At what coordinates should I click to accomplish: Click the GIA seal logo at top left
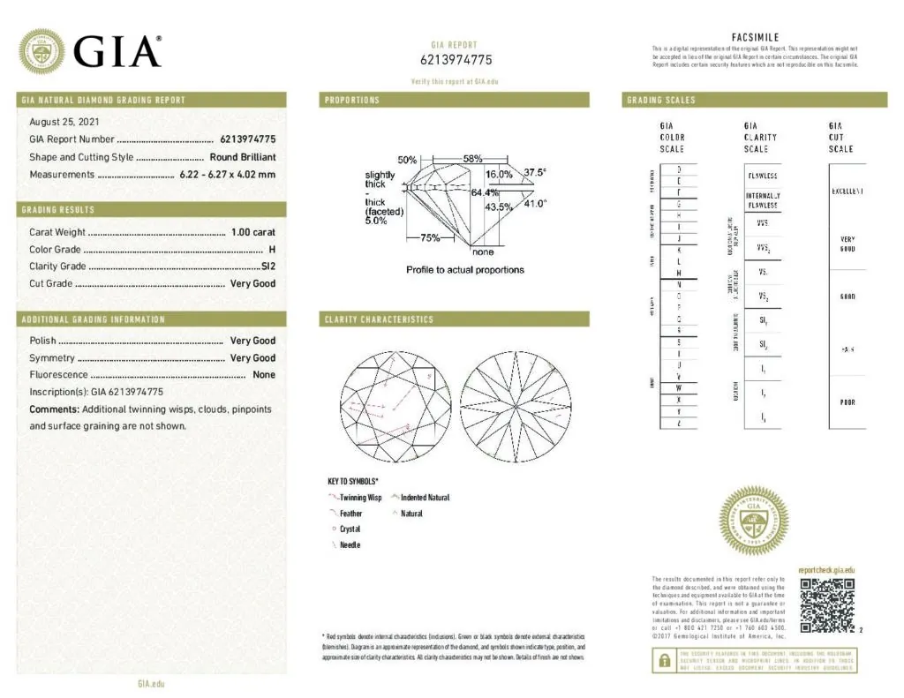[41, 50]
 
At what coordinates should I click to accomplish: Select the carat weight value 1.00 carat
[252, 232]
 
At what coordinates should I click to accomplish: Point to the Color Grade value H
[272, 250]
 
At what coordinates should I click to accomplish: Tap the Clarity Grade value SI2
[268, 266]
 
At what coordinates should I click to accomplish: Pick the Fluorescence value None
[264, 375]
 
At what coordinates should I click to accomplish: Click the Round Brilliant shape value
[243, 157]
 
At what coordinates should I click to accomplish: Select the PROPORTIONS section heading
[352, 101]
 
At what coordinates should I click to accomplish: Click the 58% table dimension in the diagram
[472, 160]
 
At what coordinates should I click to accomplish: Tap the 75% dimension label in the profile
[429, 237]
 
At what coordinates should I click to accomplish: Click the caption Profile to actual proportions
[464, 270]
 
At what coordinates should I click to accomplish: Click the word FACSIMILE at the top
[755, 36]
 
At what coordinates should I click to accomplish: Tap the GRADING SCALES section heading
[660, 101]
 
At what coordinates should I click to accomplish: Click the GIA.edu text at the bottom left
[151, 684]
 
